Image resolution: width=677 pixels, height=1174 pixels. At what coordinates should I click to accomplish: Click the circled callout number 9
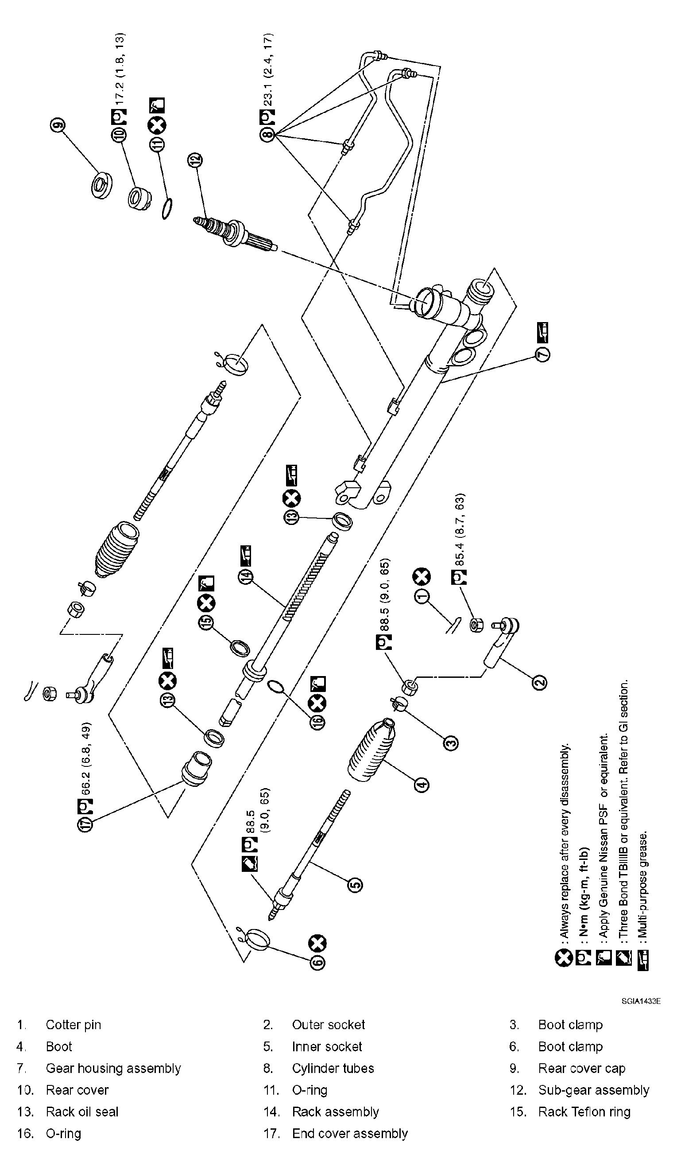click(x=58, y=125)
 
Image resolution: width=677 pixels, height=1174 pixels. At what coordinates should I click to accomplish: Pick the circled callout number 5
click(x=356, y=885)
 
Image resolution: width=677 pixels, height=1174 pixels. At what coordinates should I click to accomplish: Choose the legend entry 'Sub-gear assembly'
click(x=593, y=1090)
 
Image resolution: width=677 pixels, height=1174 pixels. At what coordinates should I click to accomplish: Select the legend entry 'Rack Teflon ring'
click(x=584, y=1112)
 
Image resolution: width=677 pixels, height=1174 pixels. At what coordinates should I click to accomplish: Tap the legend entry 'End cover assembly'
click(x=350, y=1134)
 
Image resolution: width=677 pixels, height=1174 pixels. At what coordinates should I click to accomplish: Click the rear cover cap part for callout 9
click(x=101, y=186)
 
